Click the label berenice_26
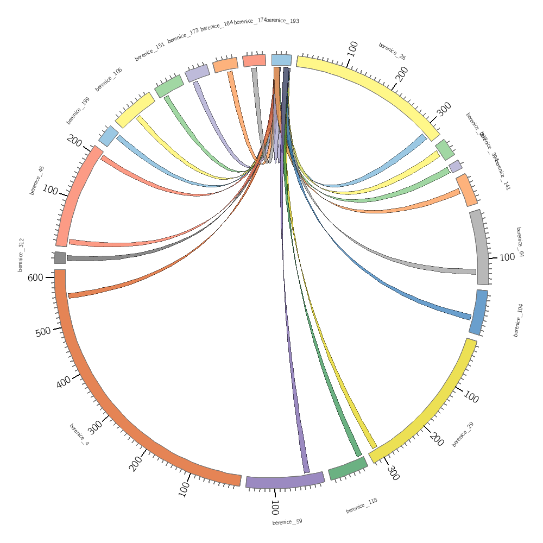392,51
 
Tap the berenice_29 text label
463,434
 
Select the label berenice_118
362,506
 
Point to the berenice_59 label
287,522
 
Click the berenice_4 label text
79,434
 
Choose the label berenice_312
21,255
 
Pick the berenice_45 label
36,180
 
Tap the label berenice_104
518,320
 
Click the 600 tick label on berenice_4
35,277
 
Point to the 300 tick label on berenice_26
444,109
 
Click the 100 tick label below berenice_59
275,508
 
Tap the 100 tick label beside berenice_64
507,257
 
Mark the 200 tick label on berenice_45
74,141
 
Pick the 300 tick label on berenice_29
394,473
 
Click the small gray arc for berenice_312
60,257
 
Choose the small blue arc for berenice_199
109,136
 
